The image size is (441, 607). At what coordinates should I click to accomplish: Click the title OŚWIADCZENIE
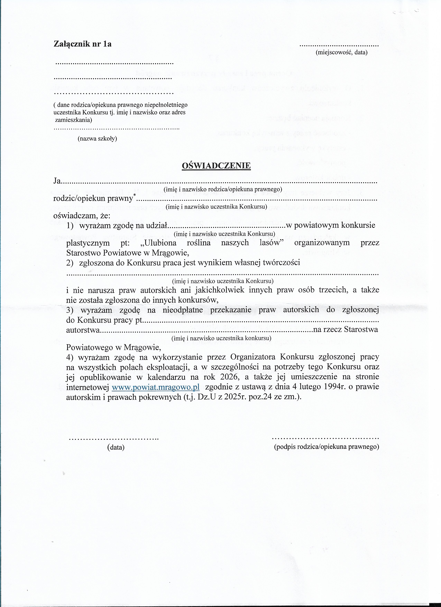216,166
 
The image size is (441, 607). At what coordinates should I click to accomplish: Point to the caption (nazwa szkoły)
97,139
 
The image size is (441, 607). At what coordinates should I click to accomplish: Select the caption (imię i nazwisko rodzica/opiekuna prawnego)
223,189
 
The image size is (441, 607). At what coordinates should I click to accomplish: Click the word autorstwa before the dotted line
83,330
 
